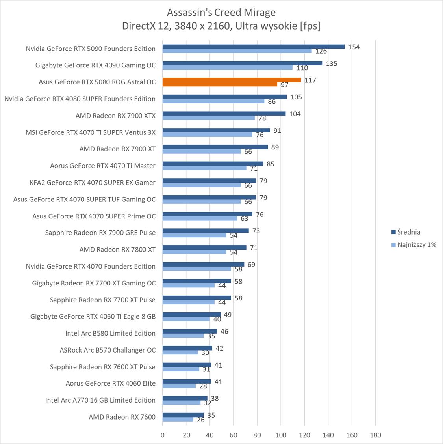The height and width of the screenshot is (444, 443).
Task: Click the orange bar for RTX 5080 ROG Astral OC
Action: coord(232,80)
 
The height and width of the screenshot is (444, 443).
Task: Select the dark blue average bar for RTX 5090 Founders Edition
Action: coord(254,47)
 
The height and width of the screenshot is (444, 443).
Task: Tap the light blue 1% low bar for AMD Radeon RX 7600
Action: coord(178,420)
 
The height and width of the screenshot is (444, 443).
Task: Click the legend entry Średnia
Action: coord(406,232)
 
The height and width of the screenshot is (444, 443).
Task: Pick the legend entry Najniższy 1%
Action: coord(413,245)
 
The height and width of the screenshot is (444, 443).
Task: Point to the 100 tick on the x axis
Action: coord(281,435)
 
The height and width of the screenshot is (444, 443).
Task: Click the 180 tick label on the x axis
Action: coord(375,435)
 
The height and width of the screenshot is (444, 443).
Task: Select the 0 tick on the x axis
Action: coord(163,435)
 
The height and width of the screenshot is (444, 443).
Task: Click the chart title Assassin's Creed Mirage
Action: coord(221,13)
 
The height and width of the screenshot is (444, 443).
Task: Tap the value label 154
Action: coord(354,47)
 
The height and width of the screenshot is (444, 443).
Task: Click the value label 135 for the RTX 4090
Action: coord(332,63)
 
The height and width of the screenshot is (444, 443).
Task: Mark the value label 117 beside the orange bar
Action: coord(310,80)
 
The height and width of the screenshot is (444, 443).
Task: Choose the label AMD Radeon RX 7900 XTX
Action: coord(115,116)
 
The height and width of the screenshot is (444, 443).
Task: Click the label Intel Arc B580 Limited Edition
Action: coord(110,333)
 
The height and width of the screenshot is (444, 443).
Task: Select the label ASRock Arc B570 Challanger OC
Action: coord(108,350)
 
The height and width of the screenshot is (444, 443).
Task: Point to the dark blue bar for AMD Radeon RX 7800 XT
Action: coord(204,248)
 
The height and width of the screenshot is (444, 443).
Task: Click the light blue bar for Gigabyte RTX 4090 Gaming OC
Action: coord(228,67)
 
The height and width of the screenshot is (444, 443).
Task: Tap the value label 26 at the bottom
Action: coord(201,420)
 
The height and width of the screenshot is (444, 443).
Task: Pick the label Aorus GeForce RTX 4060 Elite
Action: coord(111,383)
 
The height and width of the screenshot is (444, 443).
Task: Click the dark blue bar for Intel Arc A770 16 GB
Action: coord(185,398)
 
